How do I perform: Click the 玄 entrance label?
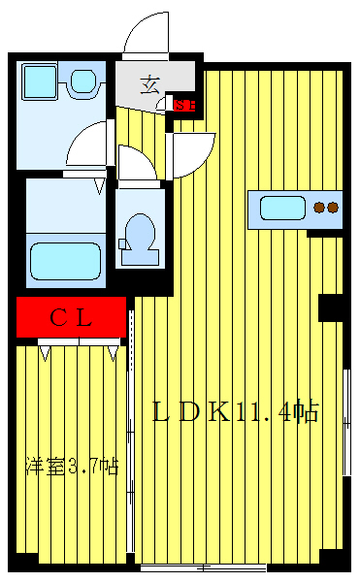[150, 83]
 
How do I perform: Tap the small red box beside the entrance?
[184, 105]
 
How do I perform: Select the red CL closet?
[72, 316]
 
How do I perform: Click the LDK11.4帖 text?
[236, 411]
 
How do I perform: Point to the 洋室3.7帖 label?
[72, 467]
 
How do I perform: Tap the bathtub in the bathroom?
[66, 260]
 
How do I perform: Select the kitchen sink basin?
[280, 207]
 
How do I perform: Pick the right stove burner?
[333, 207]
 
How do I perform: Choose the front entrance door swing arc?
[147, 34]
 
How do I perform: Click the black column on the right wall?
[332, 307]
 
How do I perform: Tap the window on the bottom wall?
[203, 566]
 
